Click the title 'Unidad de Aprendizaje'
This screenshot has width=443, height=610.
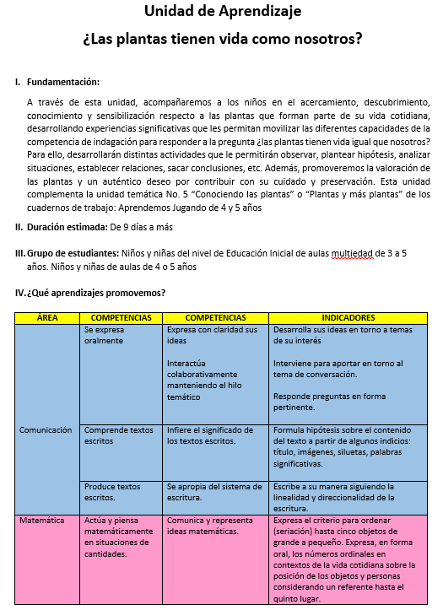pyautogui.click(x=222, y=12)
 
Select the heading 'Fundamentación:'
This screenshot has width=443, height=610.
pyautogui.click(x=63, y=83)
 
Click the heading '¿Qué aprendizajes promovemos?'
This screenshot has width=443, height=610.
pyautogui.click(x=95, y=293)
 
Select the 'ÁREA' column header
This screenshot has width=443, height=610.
pyautogui.click(x=47, y=317)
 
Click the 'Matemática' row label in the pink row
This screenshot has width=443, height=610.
pyautogui.click(x=42, y=521)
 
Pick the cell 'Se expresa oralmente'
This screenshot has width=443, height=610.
pyautogui.click(x=105, y=335)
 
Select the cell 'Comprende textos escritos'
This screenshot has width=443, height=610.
pyautogui.click(x=118, y=435)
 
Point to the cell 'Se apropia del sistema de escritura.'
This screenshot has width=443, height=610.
pyautogui.click(x=215, y=492)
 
